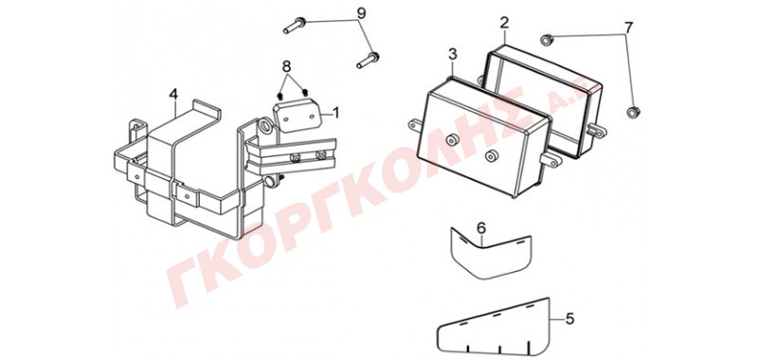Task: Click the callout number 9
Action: pyautogui.click(x=362, y=12)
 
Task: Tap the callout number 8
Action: pyautogui.click(x=287, y=65)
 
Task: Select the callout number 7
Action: pyautogui.click(x=628, y=28)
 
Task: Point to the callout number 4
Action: pyautogui.click(x=173, y=95)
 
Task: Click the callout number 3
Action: pyautogui.click(x=452, y=55)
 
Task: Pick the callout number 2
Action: pyautogui.click(x=504, y=23)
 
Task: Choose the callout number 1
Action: pyautogui.click(x=335, y=113)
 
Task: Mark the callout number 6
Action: pyautogui.click(x=480, y=228)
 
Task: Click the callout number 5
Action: pyautogui.click(x=570, y=319)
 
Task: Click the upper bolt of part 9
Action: pyautogui.click(x=294, y=26)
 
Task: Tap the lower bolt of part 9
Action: pyautogui.click(x=368, y=60)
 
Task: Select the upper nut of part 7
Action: pyautogui.click(x=547, y=39)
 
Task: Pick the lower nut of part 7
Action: pyautogui.click(x=632, y=113)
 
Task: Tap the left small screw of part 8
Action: pyautogui.click(x=280, y=96)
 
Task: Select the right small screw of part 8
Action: pyautogui.click(x=305, y=93)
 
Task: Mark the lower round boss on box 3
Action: pyautogui.click(x=491, y=156)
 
